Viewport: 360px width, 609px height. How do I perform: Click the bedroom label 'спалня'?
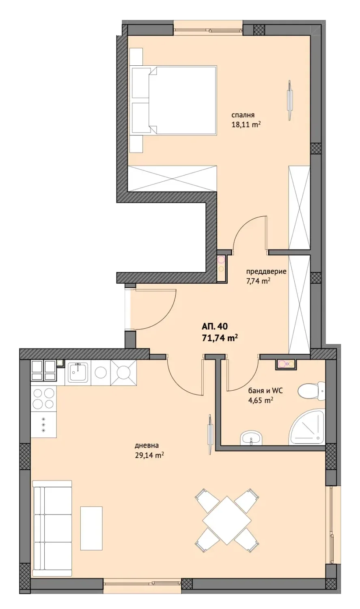[x=243, y=115]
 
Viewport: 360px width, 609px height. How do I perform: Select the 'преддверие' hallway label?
[x=266, y=271]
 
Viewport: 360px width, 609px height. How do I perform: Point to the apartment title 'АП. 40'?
[x=215, y=326]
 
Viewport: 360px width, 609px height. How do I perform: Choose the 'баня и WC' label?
[x=265, y=391]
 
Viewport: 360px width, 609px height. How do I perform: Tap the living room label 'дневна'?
[x=147, y=445]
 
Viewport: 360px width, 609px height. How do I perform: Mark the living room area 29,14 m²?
[x=149, y=455]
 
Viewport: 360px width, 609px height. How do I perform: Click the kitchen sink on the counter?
[x=78, y=372]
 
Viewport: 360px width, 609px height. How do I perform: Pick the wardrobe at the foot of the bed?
[x=172, y=179]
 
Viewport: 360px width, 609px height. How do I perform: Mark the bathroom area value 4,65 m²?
[x=261, y=400]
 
